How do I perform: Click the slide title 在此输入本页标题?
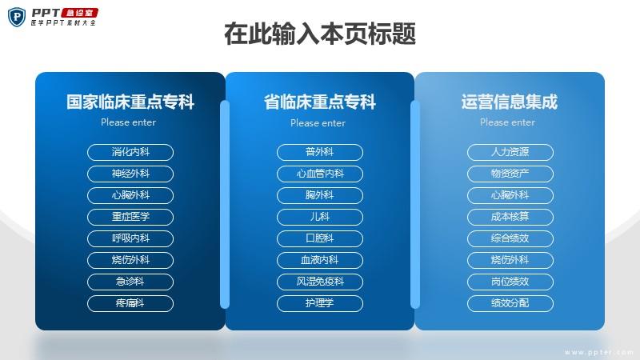coord(320,34)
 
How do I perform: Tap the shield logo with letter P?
coord(17,17)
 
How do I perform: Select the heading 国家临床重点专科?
coord(130,102)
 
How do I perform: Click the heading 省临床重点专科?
coord(319,102)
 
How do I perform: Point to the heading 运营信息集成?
coord(510,102)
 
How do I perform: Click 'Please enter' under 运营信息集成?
coord(507,122)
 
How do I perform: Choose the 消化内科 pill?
coord(130,152)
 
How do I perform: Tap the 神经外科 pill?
coord(130,174)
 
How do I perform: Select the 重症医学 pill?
coord(130,217)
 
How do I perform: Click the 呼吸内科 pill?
coord(130,238)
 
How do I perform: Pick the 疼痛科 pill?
coord(130,304)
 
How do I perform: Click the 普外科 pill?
coord(319,152)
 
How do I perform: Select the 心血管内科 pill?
coord(319,174)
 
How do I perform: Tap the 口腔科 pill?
coord(319,238)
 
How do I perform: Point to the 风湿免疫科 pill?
coord(319,282)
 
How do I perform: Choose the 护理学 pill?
coord(319,304)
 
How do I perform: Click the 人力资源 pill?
coord(510,152)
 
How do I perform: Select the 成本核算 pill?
coord(510,217)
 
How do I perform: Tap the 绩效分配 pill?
coord(510,304)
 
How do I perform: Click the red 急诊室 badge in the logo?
coord(79,13)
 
